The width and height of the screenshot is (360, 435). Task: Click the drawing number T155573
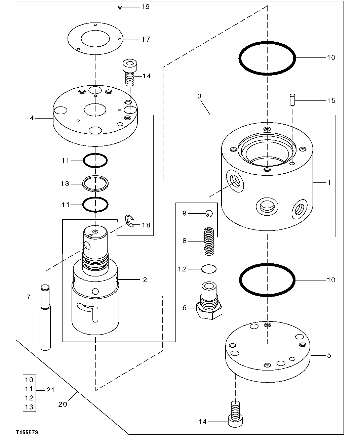(26, 432)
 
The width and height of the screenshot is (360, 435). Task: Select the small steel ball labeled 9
(209, 213)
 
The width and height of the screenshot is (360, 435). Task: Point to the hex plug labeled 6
(209, 302)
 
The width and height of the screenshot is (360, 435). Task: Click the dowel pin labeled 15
(292, 100)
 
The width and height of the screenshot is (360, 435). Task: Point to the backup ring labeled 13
(96, 184)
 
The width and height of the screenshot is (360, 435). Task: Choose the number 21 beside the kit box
(50, 390)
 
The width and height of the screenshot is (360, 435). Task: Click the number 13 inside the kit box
(29, 407)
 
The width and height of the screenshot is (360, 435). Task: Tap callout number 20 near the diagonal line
(63, 404)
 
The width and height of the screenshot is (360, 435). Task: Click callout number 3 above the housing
(199, 96)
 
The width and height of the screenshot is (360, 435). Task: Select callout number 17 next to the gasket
(145, 39)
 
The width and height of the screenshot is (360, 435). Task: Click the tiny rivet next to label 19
(120, 7)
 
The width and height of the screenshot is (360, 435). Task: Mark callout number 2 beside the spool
(145, 279)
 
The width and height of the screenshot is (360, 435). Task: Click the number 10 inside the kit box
(29, 380)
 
